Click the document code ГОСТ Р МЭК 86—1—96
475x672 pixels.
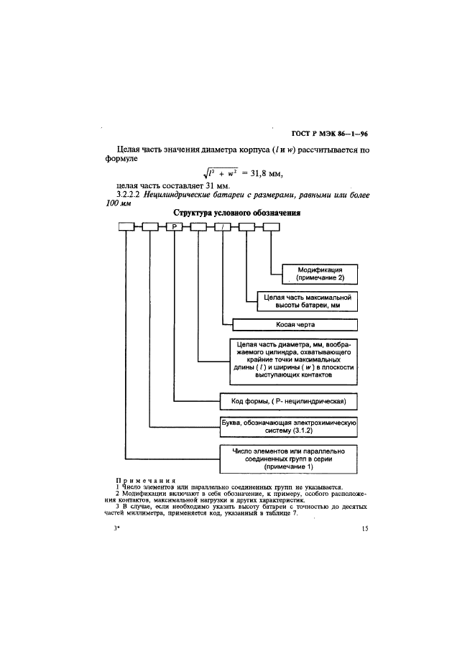pyautogui.click(x=329, y=134)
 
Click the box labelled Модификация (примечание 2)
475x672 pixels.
pyautogui.click(x=320, y=275)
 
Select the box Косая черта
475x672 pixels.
pyautogui.click(x=295, y=325)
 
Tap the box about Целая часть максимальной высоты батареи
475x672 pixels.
pyautogui.click(x=307, y=301)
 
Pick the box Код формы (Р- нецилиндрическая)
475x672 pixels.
pyautogui.click(x=288, y=402)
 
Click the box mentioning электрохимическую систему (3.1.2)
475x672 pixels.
pyautogui.click(x=288, y=426)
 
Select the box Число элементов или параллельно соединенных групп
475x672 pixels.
pyautogui.click(x=288, y=459)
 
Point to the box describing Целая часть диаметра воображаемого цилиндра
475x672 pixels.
pyautogui.click(x=293, y=362)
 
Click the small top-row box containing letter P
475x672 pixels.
pyautogui.click(x=175, y=227)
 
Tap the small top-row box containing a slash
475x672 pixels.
pyautogui.click(x=222, y=227)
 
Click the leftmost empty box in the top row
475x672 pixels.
pyautogui.click(x=126, y=227)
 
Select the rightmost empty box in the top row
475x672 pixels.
pyautogui.click(x=271, y=227)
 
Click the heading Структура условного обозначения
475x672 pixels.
pyautogui.click(x=236, y=213)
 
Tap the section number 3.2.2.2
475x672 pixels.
pyautogui.click(x=129, y=195)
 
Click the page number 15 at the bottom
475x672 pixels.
pyautogui.click(x=365, y=528)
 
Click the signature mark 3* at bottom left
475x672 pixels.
pyautogui.click(x=116, y=528)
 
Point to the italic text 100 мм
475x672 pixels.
pyautogui.click(x=119, y=203)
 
